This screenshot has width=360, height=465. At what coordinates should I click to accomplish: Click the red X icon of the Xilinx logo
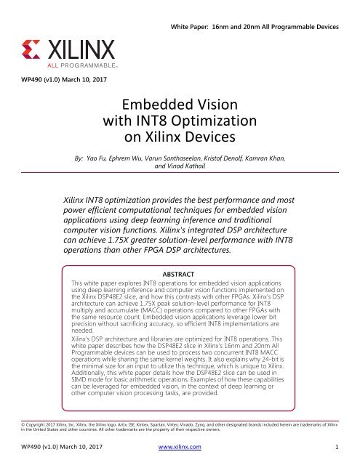point(33,51)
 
